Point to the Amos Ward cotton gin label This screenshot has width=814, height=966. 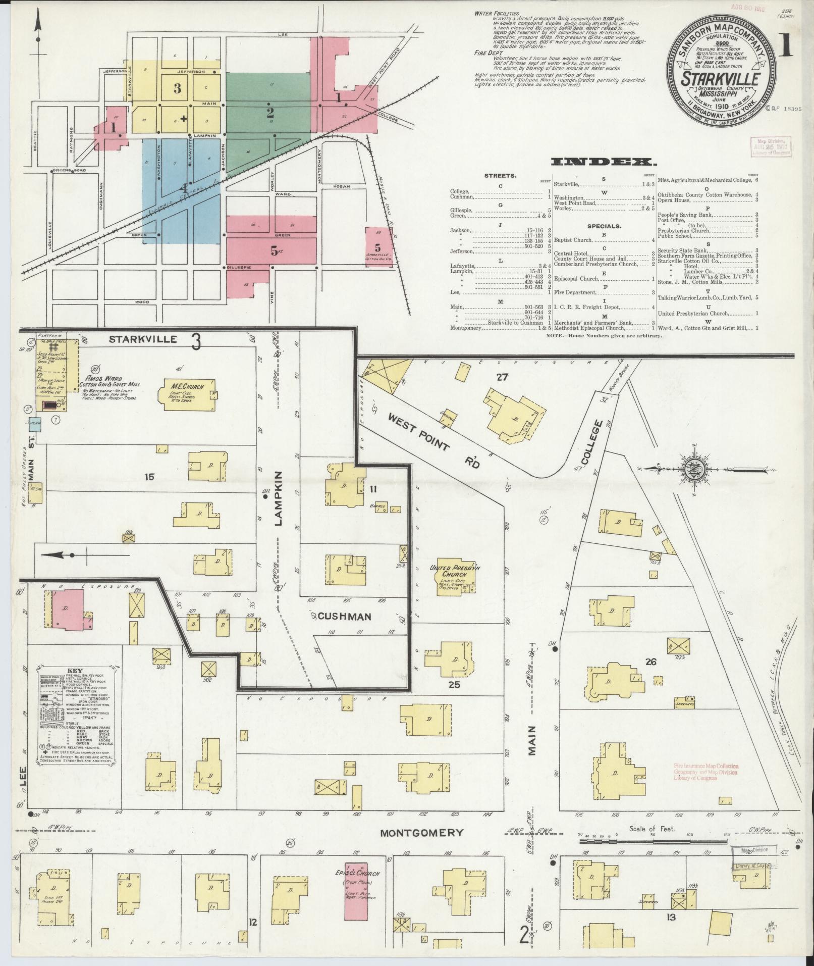tap(109, 381)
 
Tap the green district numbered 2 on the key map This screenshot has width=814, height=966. tap(269, 112)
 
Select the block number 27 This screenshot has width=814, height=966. tap(501, 377)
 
